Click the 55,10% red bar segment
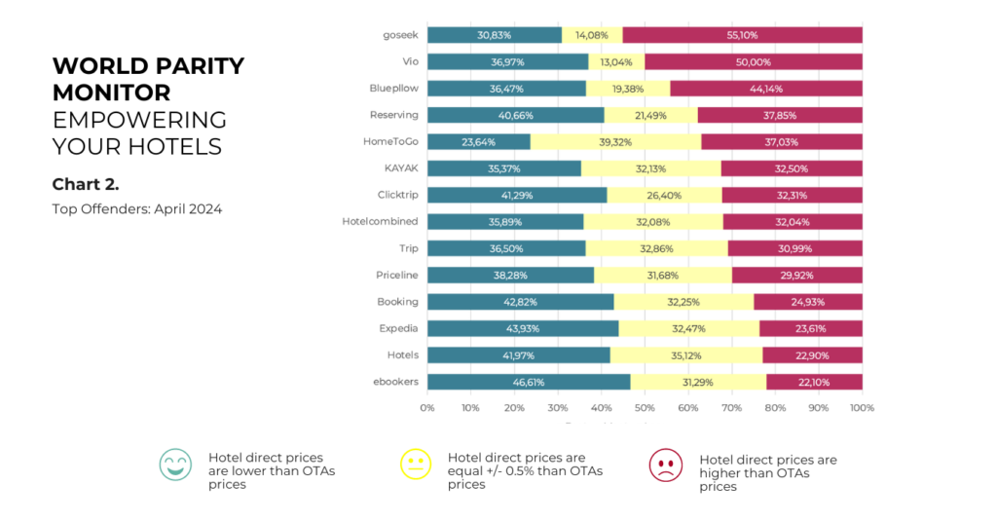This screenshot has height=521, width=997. (742, 35)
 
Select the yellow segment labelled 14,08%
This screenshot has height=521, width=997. (592, 35)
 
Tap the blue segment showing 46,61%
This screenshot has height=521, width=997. (528, 381)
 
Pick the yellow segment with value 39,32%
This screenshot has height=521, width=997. (615, 141)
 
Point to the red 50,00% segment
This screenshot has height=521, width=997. (753, 61)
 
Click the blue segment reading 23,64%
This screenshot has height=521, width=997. (478, 141)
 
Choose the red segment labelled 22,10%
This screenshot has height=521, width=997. (814, 381)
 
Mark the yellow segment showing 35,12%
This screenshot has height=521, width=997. (686, 354)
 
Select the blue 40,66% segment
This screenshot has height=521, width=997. (515, 115)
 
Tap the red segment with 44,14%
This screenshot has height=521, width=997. (766, 88)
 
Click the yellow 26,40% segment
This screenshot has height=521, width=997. (664, 195)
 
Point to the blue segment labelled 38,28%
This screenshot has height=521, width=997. (510, 275)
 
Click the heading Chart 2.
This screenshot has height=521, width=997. (86, 184)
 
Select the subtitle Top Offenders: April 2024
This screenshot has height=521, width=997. (137, 209)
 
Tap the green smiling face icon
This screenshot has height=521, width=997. (175, 465)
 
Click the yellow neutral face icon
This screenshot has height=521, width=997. (416, 465)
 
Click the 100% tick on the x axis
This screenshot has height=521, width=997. (861, 408)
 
